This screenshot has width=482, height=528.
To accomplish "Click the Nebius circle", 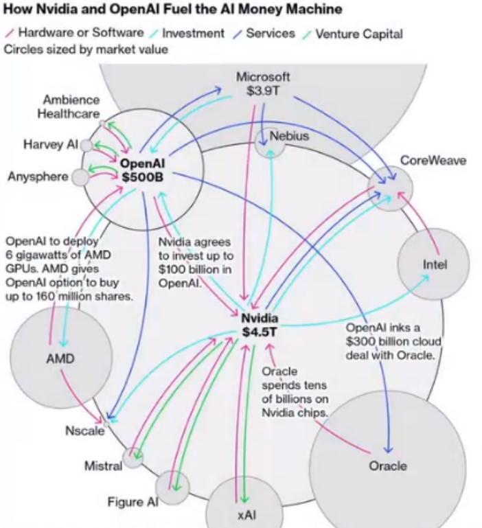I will pyautogui.click(x=271, y=141).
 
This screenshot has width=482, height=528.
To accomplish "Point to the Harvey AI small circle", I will pyautogui.click(x=87, y=145).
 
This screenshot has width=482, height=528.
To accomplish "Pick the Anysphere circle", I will pyautogui.click(x=80, y=177).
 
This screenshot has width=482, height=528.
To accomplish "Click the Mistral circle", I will pyautogui.click(x=133, y=457).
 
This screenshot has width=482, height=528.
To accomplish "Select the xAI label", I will pyautogui.click(x=245, y=514).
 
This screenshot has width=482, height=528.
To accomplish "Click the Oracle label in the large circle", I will pyautogui.click(x=387, y=466).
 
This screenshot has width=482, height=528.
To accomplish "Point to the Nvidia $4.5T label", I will pyautogui.click(x=260, y=325).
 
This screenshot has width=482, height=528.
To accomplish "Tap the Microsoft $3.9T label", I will pyautogui.click(x=262, y=84).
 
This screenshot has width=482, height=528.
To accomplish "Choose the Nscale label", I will pyautogui.click(x=84, y=431).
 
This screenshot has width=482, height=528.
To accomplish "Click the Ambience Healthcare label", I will pyautogui.click(x=72, y=107).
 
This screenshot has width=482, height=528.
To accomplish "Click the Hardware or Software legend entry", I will pyautogui.click(x=81, y=33).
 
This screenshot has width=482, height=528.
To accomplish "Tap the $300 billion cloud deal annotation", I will pyautogui.click(x=391, y=341).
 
